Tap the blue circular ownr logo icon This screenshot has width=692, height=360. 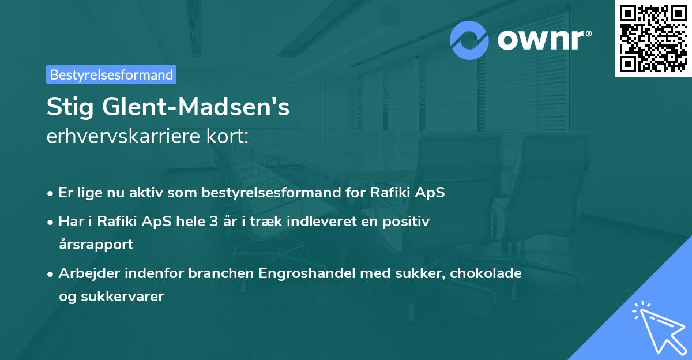[x=470, y=40]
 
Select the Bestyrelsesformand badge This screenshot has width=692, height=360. [x=111, y=74]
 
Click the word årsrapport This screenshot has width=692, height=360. [x=96, y=244]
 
